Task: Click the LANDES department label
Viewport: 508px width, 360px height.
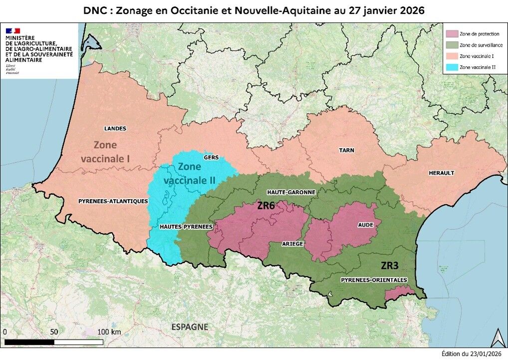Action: (115, 128)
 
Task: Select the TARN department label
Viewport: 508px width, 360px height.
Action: (346, 150)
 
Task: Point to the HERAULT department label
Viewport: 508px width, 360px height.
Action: (442, 173)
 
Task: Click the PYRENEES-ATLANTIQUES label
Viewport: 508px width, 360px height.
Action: (113, 201)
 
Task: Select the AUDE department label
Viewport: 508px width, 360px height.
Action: (365, 225)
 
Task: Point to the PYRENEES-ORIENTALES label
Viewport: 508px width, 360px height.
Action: (374, 280)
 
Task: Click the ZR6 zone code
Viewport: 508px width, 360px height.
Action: (266, 205)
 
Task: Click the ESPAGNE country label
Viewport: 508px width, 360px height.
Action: (190, 327)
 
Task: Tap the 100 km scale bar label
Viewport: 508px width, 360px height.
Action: (109, 332)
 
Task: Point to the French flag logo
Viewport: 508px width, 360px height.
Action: (13, 30)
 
